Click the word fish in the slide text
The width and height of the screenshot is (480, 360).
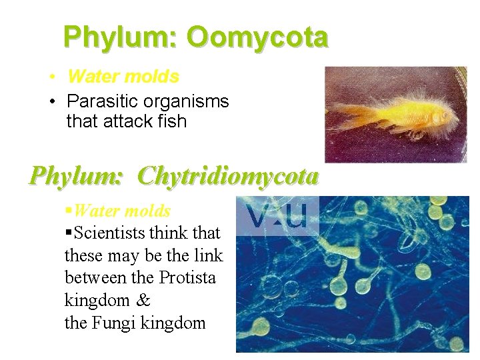tap(172, 121)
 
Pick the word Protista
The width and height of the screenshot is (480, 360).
tap(187, 277)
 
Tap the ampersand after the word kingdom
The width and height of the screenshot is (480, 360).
tap(145, 301)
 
